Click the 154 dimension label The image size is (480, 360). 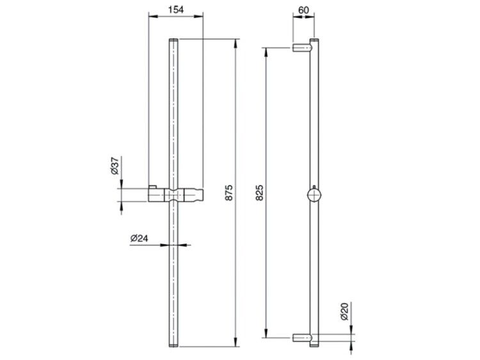pyautogui.click(x=176, y=10)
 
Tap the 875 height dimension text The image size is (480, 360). pyautogui.click(x=228, y=192)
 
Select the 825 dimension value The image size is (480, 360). pyautogui.click(x=259, y=192)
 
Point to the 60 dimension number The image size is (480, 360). pyautogui.click(x=303, y=10)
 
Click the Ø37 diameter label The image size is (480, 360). pyautogui.click(x=115, y=166)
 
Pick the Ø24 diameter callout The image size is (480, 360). pyautogui.click(x=139, y=239)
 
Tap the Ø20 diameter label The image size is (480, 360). pyautogui.click(x=344, y=311)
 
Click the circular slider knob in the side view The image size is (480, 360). pyautogui.click(x=314, y=195)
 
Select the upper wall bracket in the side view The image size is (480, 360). pyautogui.click(x=303, y=48)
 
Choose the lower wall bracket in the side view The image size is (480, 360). pyautogui.click(x=303, y=338)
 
